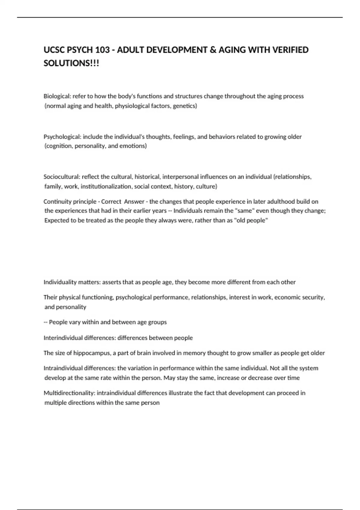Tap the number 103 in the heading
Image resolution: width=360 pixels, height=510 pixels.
tap(103, 50)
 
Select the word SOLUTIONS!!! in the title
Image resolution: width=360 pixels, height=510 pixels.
tap(71, 63)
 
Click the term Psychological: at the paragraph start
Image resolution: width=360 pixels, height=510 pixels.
tap(62, 137)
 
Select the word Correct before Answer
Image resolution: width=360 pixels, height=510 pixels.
tap(111, 202)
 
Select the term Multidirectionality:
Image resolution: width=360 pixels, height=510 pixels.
tap(69, 393)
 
